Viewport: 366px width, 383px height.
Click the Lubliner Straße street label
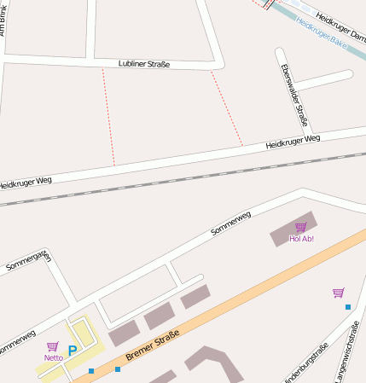point(144,64)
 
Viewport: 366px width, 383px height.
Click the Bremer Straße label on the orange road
point(152,343)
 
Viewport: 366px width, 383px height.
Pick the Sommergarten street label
point(28,261)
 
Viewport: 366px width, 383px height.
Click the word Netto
point(54,357)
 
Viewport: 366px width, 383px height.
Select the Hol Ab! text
point(301,239)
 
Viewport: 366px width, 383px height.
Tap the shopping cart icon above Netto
point(53,346)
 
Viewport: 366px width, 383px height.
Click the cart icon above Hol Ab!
point(300,227)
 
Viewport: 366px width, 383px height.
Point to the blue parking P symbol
point(73,350)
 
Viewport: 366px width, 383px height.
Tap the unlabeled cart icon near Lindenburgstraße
point(338,293)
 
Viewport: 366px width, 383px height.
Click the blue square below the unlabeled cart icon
point(348,306)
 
